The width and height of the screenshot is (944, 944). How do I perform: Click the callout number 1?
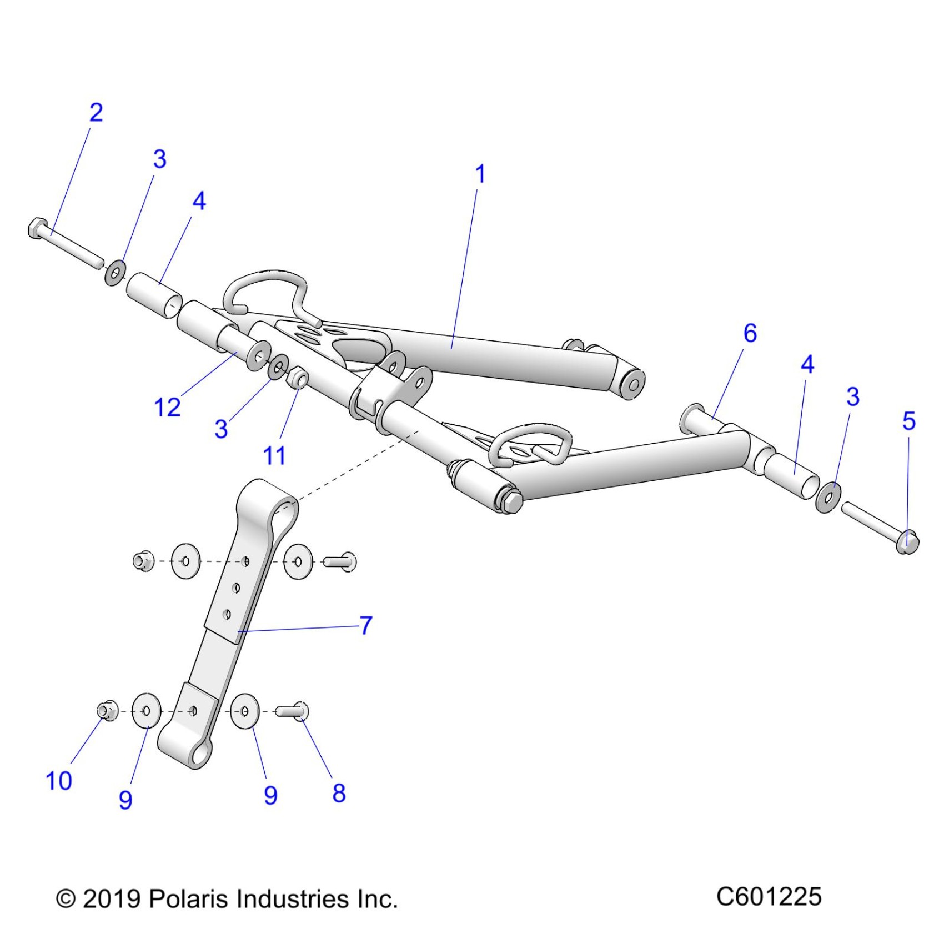coord(480,174)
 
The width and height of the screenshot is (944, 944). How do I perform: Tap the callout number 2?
coord(96,113)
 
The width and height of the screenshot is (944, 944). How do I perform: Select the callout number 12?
coord(167,408)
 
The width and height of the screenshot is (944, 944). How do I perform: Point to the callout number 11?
coord(274,455)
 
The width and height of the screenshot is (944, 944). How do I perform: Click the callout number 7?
coord(365,625)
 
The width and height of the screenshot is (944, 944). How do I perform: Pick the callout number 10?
coord(58,781)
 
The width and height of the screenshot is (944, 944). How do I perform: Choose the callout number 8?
coord(339,793)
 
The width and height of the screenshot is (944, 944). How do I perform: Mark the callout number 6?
coord(750,333)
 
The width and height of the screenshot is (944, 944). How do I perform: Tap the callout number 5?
coord(908,421)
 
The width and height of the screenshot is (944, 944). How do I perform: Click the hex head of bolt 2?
coord(37,228)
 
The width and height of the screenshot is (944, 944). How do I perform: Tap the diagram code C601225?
coord(769,897)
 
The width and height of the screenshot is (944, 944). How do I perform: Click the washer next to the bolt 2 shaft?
coord(115,272)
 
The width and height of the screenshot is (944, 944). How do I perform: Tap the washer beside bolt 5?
coord(828,497)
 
